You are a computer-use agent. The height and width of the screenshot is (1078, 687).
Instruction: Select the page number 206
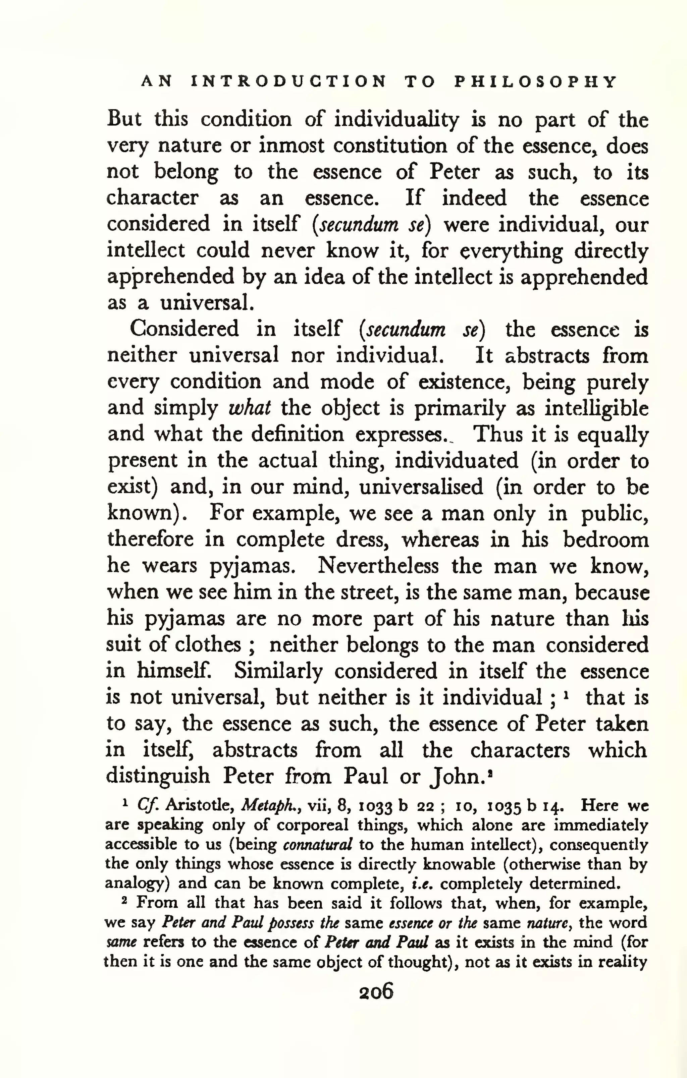[x=376, y=991]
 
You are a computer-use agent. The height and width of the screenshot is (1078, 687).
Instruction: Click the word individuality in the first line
[x=397, y=120]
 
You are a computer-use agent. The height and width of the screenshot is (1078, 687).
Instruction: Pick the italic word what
[x=250, y=408]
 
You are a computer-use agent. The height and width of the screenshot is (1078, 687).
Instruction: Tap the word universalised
[x=421, y=487]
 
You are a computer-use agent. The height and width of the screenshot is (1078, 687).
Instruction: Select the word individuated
[x=456, y=461]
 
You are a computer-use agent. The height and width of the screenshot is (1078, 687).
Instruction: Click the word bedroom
[x=606, y=540]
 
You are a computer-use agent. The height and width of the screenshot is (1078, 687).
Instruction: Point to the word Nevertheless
[x=378, y=566]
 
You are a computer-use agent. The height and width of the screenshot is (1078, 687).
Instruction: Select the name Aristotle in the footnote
[x=201, y=806]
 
